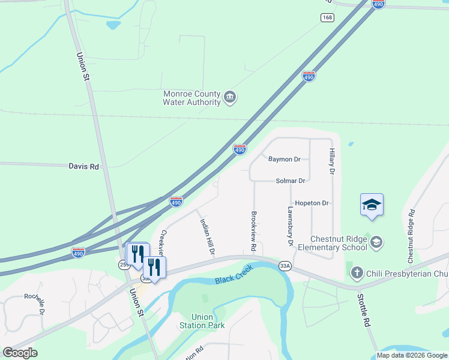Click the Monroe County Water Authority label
(x=192, y=98)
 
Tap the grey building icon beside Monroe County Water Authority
(x=229, y=98)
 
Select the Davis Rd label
(x=83, y=166)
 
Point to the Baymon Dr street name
(x=284, y=160)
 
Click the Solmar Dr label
(x=291, y=181)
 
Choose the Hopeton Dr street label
(x=312, y=203)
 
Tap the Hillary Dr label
(x=331, y=162)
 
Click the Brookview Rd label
(x=254, y=231)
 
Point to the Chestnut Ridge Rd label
(x=411, y=236)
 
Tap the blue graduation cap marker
(x=372, y=205)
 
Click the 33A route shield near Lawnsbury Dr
(x=285, y=266)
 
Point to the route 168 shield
(x=327, y=17)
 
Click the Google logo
(x=20, y=353)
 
